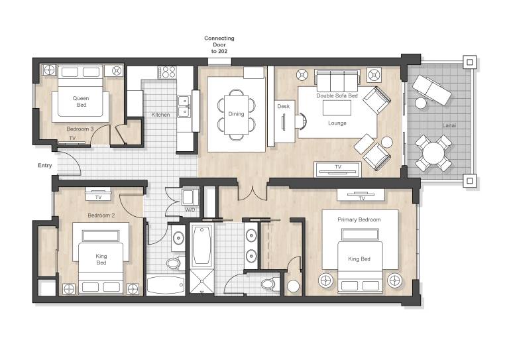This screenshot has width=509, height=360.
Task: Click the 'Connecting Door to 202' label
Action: click(x=219, y=45)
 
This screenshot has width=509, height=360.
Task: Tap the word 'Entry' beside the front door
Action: click(x=45, y=166)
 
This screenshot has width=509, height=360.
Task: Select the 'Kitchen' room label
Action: click(x=160, y=115)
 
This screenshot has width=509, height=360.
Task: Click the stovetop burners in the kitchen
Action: click(x=167, y=72)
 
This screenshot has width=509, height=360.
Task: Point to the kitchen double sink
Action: click(x=184, y=106)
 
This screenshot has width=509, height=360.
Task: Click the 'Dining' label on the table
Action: click(x=236, y=114)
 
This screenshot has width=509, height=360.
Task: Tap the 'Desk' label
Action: click(x=284, y=106)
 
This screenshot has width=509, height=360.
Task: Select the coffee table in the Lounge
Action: click(x=337, y=108)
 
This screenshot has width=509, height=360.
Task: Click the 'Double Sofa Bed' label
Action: click(x=337, y=95)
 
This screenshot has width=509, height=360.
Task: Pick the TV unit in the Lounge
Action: click(x=337, y=170)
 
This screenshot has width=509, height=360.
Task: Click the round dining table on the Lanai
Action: click(x=433, y=153)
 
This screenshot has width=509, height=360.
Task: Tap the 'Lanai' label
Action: click(x=449, y=125)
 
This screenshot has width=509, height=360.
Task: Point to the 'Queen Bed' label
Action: click(x=81, y=101)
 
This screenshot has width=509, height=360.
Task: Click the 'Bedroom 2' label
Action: click(x=101, y=215)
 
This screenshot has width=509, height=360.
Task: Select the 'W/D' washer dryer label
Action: click(x=190, y=210)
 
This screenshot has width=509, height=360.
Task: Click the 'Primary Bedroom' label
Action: click(x=359, y=219)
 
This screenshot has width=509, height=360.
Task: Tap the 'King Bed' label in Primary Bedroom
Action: click(x=359, y=259)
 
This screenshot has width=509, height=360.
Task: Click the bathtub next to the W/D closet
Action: click(x=201, y=245)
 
